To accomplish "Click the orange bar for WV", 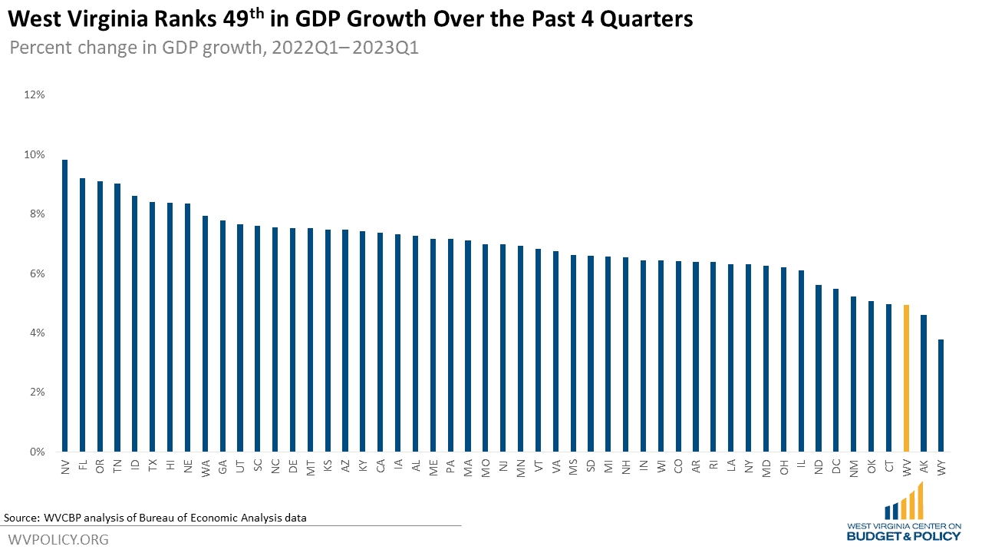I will [x=906, y=378].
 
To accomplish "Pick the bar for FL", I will [x=82, y=315].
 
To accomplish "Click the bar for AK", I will [x=924, y=383].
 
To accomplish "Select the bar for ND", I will [x=819, y=368].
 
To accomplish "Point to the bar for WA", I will [x=205, y=333].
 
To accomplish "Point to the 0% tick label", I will [x=38, y=452].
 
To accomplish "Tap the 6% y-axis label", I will [x=38, y=273].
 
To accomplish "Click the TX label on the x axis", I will [x=153, y=466].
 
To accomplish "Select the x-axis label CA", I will [x=381, y=466].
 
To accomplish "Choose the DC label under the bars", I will [x=836, y=466].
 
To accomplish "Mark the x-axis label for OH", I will [x=783, y=466].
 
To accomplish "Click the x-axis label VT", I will [x=538, y=466].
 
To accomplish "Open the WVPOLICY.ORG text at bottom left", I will [x=58, y=540].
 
